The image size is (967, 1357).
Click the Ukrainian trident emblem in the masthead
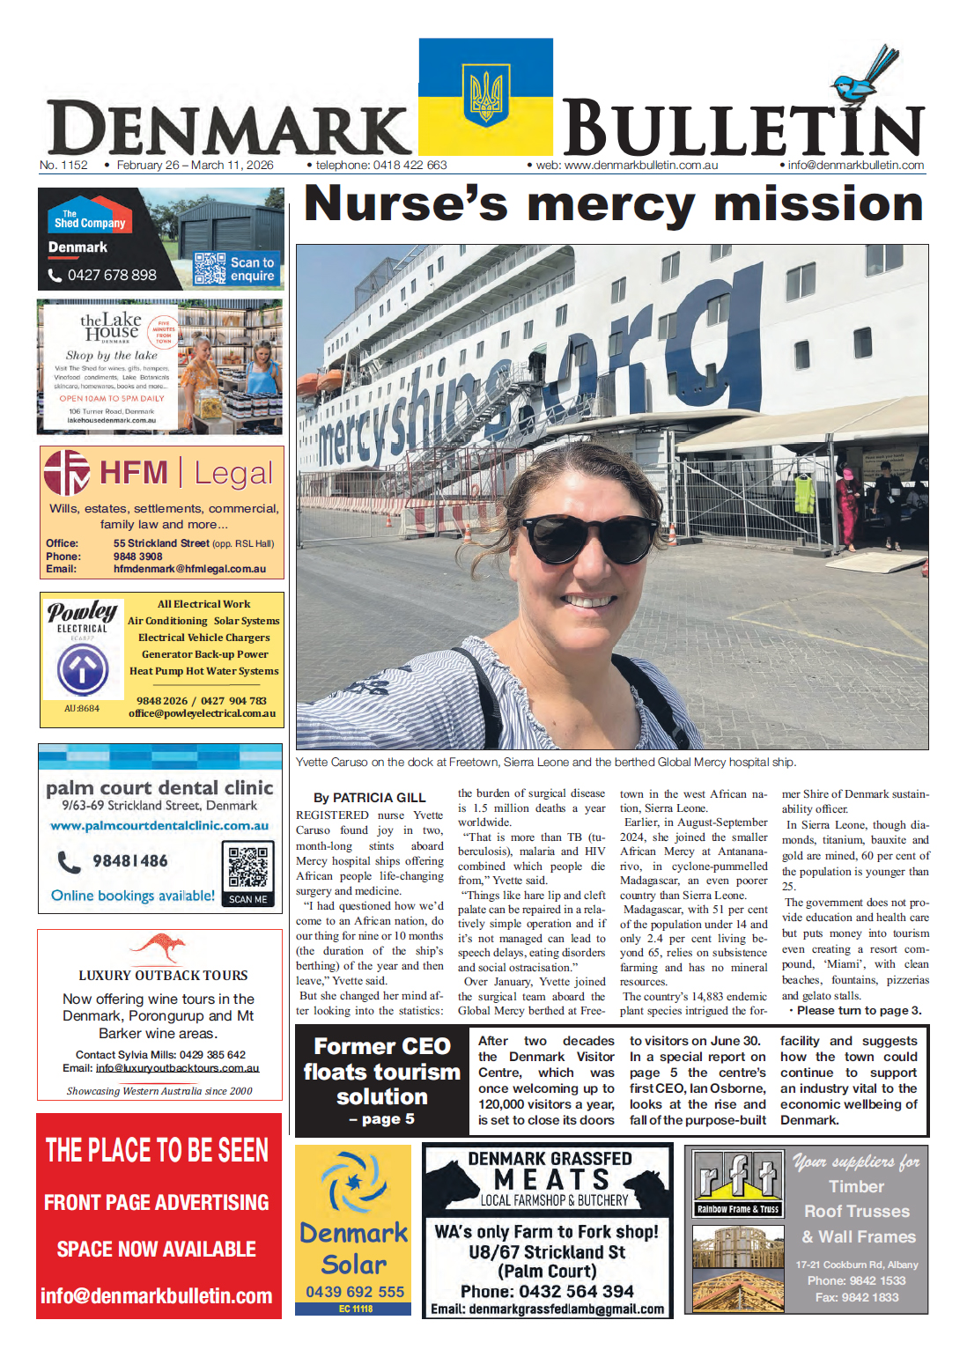click(x=485, y=94)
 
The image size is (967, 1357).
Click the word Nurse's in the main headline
click(x=405, y=204)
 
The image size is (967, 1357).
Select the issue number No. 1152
click(x=63, y=165)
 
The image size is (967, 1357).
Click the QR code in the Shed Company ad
click(x=210, y=268)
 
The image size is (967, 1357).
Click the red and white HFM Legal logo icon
click(x=67, y=473)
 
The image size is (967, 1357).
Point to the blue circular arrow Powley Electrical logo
click(x=83, y=670)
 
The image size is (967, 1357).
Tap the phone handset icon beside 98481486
click(x=69, y=861)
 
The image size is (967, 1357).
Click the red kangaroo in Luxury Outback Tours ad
click(x=159, y=948)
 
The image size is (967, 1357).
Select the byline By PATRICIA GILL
click(x=369, y=797)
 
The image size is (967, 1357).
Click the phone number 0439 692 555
click(x=355, y=1292)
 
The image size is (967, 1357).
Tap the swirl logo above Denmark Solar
click(x=353, y=1183)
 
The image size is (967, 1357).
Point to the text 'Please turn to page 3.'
click(x=855, y=1010)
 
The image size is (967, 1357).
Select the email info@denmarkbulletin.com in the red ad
click(x=157, y=1295)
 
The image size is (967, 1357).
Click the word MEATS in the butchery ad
click(x=551, y=1180)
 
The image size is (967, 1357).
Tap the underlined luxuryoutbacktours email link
click(x=177, y=1068)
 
